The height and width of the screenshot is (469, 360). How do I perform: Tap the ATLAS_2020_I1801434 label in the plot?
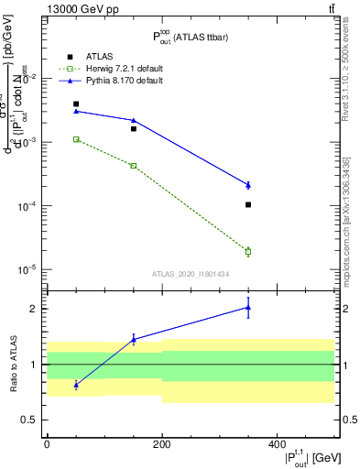tap(191, 274)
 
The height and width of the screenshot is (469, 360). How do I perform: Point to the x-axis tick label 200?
tap(162, 444)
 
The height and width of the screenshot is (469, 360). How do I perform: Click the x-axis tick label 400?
tap(277, 444)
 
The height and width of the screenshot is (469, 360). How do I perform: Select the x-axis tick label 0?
tap(47, 444)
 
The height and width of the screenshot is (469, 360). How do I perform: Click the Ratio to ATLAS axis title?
tap(12, 364)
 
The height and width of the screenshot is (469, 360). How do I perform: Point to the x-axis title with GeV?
tap(315, 457)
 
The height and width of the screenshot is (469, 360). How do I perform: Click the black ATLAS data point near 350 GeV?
tap(248, 204)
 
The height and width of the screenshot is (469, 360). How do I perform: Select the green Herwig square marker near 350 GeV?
tap(248, 251)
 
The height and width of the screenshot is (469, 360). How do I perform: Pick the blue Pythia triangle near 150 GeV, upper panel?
tap(134, 120)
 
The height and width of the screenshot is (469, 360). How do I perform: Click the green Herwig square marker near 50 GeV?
tap(76, 139)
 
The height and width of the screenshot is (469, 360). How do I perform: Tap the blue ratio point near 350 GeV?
tap(248, 308)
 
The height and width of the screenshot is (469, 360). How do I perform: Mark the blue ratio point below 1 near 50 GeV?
tap(76, 385)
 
